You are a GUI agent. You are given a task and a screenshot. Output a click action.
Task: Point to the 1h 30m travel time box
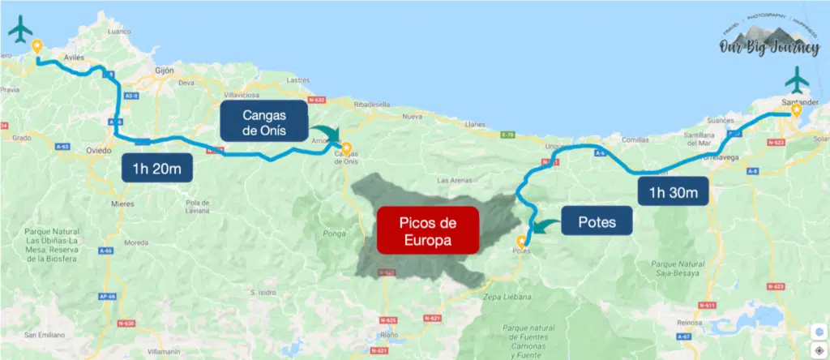[x=673, y=193]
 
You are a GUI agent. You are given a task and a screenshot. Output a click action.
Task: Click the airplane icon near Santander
[x=798, y=80]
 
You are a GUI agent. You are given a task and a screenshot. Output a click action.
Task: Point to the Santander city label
[x=794, y=102]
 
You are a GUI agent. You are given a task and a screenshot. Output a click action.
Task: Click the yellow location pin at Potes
[x=520, y=240]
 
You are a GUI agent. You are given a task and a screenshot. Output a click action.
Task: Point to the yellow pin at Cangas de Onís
[x=346, y=148]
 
